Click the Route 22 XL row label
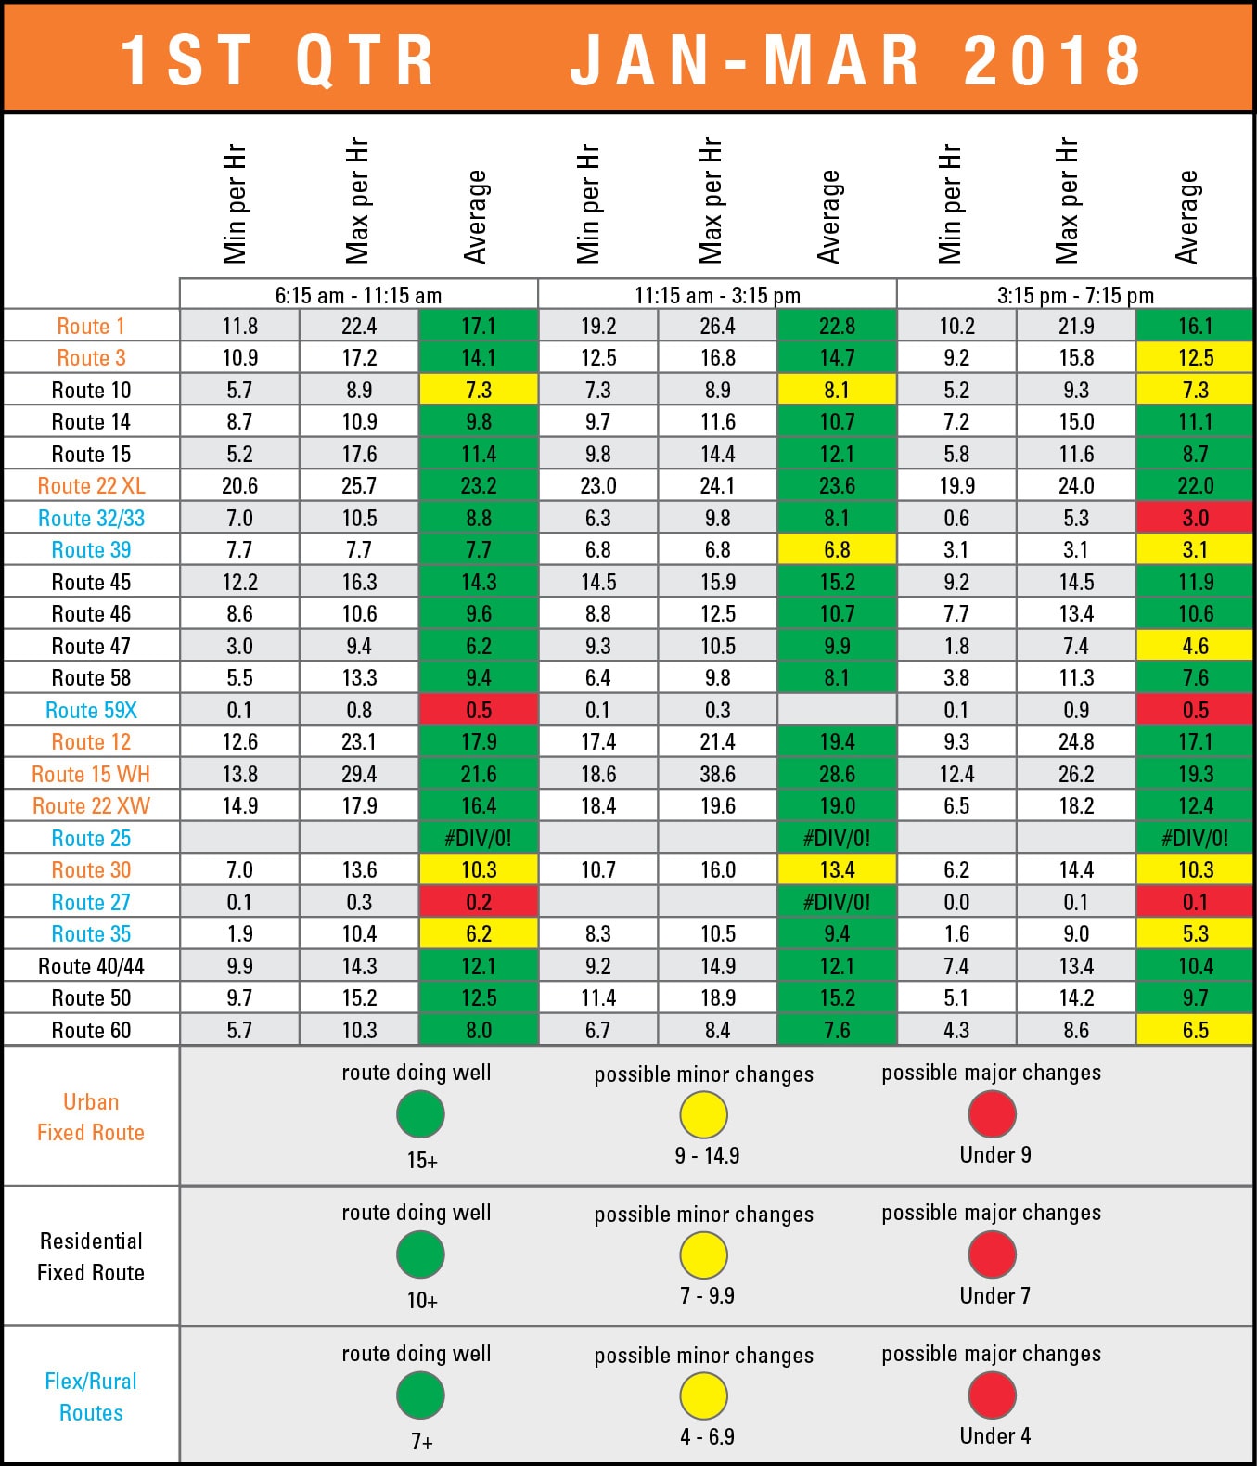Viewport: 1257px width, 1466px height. [x=91, y=486]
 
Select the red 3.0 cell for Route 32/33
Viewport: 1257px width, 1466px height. [x=1195, y=518]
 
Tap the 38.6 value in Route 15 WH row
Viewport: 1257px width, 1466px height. [x=717, y=775]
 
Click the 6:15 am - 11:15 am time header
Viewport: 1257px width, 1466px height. [x=358, y=295]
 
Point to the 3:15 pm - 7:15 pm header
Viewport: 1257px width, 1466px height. [x=1075, y=295]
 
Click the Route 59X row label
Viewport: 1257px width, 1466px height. [x=91, y=711]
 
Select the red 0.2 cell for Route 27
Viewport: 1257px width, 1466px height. [x=478, y=902]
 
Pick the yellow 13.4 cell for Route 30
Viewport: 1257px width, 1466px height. [x=837, y=870]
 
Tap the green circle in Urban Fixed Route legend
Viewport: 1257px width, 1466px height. [x=420, y=1114]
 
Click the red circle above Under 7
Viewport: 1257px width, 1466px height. [x=992, y=1254]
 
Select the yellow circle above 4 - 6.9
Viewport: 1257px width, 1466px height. [x=703, y=1395]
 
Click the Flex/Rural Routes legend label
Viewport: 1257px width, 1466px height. [x=91, y=1396]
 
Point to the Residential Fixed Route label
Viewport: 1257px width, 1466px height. [x=91, y=1256]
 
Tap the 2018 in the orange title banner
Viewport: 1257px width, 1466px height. [x=1052, y=61]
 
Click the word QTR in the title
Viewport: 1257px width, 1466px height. [x=366, y=61]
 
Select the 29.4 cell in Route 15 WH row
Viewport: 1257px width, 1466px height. [x=359, y=775]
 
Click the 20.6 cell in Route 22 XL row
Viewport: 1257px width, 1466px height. [x=239, y=486]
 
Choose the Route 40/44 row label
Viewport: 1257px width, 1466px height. [x=91, y=967]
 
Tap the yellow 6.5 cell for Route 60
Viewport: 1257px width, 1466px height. [x=1195, y=1031]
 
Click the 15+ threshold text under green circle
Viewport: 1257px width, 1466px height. [x=422, y=1160]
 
